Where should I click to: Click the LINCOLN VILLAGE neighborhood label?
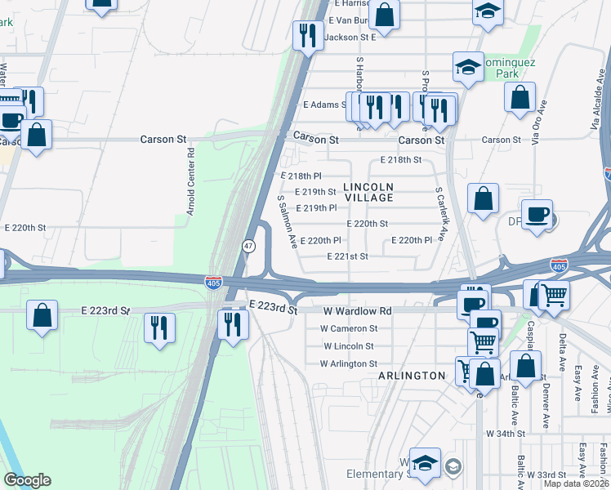(368, 192)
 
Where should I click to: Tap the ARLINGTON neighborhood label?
(412, 376)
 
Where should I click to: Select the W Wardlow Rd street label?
(358, 311)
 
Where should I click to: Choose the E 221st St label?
(347, 256)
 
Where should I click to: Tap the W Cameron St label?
(349, 328)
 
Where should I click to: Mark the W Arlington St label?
(349, 363)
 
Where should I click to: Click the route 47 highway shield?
(247, 246)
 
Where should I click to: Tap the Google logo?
(27, 480)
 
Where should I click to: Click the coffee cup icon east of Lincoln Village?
(537, 215)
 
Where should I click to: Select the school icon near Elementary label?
(425, 463)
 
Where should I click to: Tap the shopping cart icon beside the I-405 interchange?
(555, 293)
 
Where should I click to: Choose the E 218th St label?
(401, 160)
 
